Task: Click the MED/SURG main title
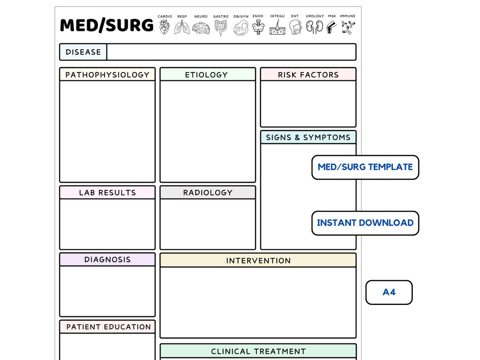(107, 25)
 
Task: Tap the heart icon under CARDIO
(164, 27)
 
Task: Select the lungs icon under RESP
(182, 28)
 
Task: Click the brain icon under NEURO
(201, 28)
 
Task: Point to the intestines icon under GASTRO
(220, 28)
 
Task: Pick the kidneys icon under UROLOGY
(314, 28)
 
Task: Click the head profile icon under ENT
(295, 28)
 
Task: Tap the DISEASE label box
(83, 52)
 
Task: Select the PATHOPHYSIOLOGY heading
(107, 75)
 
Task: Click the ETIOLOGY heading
(207, 75)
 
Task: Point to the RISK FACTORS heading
(308, 75)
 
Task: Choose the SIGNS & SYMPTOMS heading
(308, 137)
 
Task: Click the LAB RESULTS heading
(107, 192)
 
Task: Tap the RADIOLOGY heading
(208, 192)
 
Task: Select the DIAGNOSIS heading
(107, 260)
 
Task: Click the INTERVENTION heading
(258, 260)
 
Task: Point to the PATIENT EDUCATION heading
(108, 327)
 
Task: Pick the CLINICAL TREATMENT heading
(258, 351)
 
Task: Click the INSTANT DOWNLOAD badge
(365, 223)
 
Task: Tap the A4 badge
(389, 292)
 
